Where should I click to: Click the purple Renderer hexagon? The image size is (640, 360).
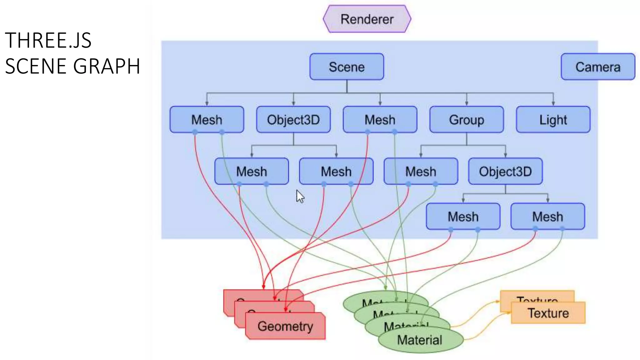[367, 19]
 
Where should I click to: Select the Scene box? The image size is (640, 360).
[347, 67]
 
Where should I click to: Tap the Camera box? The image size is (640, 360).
[597, 67]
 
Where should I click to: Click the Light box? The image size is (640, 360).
[553, 120]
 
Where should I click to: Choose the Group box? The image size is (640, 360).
[466, 120]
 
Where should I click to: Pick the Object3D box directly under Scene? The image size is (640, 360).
[293, 120]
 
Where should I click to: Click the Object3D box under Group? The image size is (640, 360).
[505, 171]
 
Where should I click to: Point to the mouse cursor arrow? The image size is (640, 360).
[299, 196]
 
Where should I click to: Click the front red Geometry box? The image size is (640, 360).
[285, 326]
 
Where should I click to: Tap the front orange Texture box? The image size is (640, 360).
[548, 313]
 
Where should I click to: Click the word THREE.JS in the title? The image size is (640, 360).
[48, 41]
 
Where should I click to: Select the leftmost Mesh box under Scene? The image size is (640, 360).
[207, 120]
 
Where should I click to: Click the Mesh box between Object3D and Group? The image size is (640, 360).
[380, 120]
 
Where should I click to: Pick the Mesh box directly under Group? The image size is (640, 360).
[421, 171]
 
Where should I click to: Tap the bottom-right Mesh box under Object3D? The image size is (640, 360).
[547, 217]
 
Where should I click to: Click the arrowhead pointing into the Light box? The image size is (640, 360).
[553, 103]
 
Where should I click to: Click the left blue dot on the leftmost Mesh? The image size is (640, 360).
[195, 132]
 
